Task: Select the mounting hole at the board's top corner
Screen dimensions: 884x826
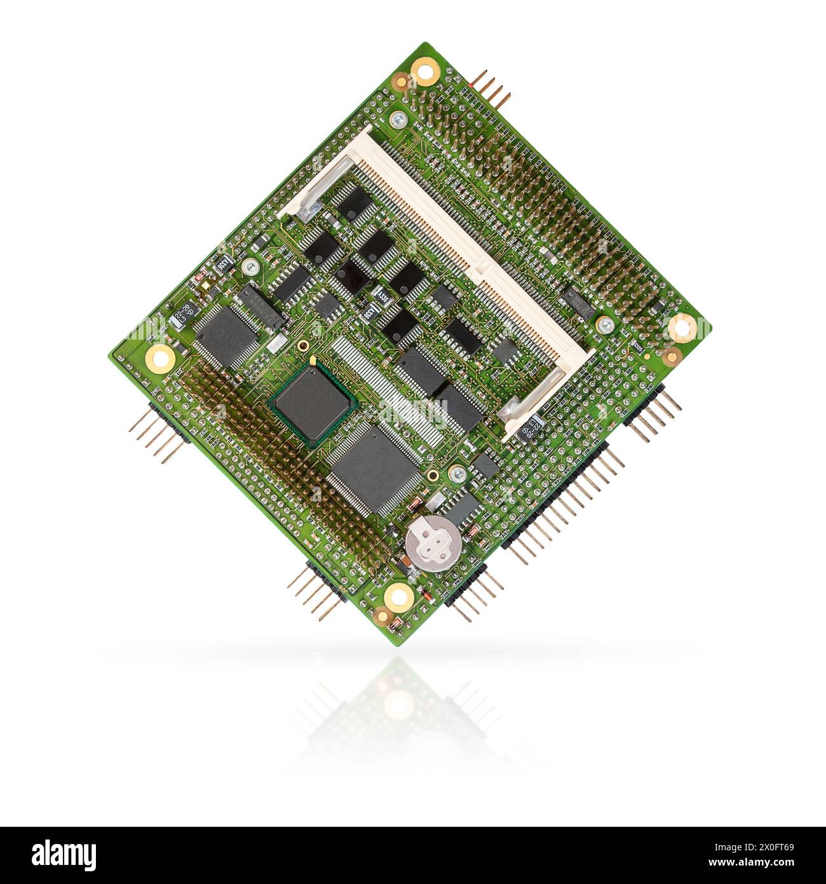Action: pos(425,70)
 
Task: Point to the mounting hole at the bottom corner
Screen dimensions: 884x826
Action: pos(399,597)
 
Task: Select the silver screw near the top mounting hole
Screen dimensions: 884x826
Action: pos(398,119)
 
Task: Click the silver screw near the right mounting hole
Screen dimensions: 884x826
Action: pos(604,326)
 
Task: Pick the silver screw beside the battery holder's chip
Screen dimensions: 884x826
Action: pos(456,473)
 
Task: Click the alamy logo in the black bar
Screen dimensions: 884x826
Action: pos(64,855)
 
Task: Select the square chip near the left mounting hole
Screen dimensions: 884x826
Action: pos(226,335)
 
